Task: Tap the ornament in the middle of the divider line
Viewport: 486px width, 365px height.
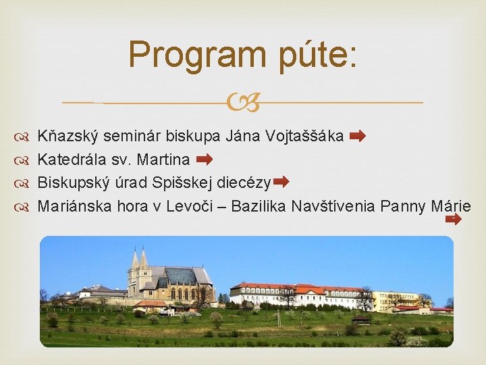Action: pyautogui.click(x=243, y=103)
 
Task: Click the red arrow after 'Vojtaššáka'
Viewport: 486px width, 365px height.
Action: pyautogui.click(x=358, y=137)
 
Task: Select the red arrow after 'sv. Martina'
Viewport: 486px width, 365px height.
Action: pyautogui.click(x=204, y=160)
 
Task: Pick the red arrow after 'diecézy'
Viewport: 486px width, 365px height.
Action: pyautogui.click(x=281, y=182)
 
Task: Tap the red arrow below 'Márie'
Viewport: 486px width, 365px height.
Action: pyautogui.click(x=454, y=219)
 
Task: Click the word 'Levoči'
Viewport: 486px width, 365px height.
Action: pyautogui.click(x=196, y=205)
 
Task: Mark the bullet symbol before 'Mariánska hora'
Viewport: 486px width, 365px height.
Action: pyautogui.click(x=24, y=206)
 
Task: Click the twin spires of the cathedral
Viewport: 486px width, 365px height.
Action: pyautogui.click(x=139, y=260)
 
